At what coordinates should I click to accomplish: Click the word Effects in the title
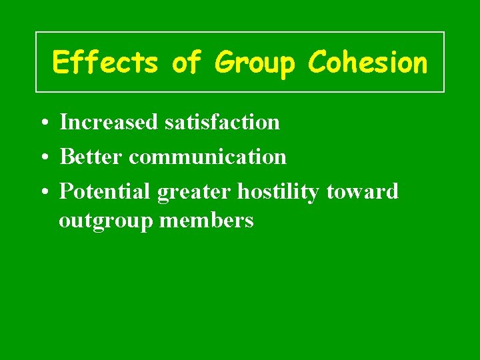105,63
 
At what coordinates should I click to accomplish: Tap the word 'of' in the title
186,63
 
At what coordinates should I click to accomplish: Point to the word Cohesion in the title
367,63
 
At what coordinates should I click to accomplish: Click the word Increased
109,122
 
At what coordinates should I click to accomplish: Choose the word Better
91,157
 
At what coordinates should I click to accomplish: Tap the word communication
207,157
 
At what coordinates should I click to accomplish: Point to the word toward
362,192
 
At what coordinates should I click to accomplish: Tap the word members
207,220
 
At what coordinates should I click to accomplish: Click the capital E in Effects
61,63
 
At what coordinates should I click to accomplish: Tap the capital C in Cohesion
317,63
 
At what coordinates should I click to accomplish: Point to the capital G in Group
223,63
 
